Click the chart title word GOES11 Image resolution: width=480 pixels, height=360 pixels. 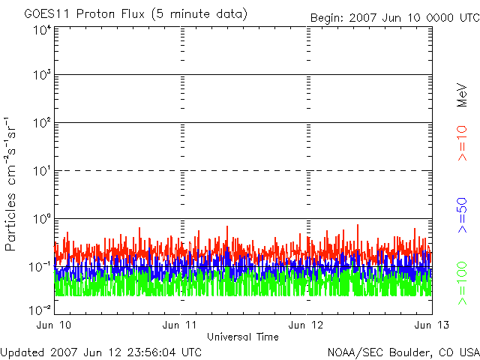tap(47, 14)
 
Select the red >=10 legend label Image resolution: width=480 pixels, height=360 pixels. tap(462, 143)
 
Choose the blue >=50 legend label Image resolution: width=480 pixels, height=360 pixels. tap(462, 215)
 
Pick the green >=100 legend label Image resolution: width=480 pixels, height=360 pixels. tap(462, 283)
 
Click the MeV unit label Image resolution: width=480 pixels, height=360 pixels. tap(462, 95)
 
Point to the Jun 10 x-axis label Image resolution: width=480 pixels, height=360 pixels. tap(53, 325)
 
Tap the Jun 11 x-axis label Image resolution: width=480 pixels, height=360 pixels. tap(179, 325)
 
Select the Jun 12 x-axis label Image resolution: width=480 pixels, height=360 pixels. tap(305, 325)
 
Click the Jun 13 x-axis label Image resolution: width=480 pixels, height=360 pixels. tap(432, 325)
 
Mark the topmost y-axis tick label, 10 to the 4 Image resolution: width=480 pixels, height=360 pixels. tap(42, 31)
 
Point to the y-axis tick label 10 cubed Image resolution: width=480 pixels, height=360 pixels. tap(42, 75)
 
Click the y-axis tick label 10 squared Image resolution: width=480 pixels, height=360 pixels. tap(42, 123)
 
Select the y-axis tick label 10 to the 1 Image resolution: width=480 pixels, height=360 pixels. tap(42, 171)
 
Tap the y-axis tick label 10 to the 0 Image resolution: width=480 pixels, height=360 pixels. tap(42, 219)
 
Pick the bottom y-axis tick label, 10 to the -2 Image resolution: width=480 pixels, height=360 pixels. tap(40, 310)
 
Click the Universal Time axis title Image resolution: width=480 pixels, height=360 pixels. tap(243, 337)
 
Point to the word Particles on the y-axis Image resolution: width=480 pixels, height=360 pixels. tap(10, 222)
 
